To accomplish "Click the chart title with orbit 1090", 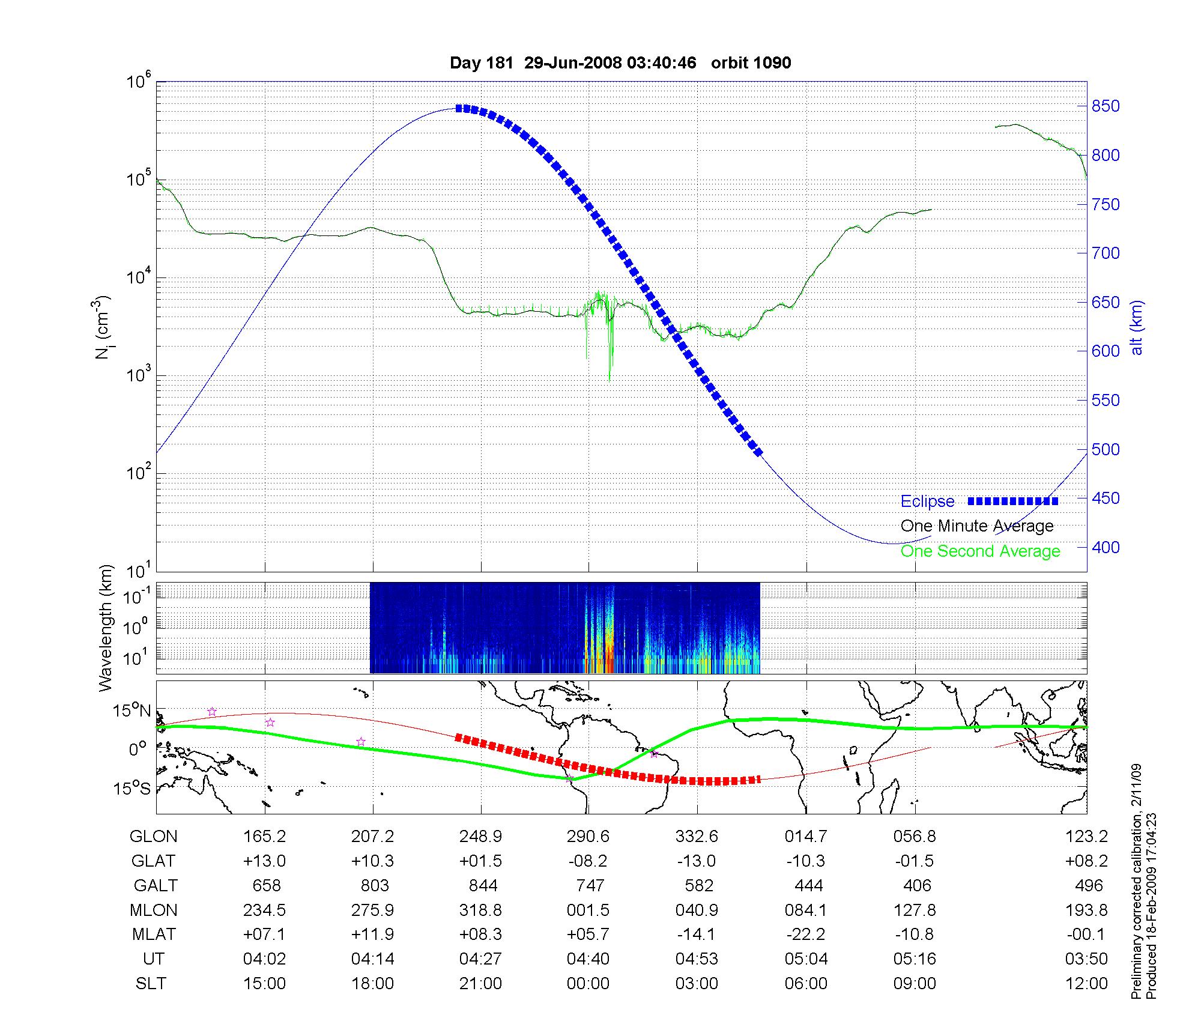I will point(620,63).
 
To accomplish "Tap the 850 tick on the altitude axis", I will point(1106,106).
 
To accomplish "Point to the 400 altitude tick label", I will point(1106,547).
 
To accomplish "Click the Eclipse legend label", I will point(927,501).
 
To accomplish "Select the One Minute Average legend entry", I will point(977,526).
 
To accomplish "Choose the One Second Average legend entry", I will point(980,551).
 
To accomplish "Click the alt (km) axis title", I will point(1137,327).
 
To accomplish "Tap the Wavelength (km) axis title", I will point(106,628).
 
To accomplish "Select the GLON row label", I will point(154,837).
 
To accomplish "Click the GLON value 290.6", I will point(588,837).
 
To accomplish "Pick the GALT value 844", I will point(483,886).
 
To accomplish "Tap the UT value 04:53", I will point(697,959).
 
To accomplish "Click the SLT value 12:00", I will point(1086,984).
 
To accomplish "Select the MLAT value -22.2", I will point(805,935).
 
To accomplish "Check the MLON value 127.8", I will point(915,910).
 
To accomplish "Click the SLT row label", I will point(151,984).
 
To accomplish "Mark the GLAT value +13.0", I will point(264,861).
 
